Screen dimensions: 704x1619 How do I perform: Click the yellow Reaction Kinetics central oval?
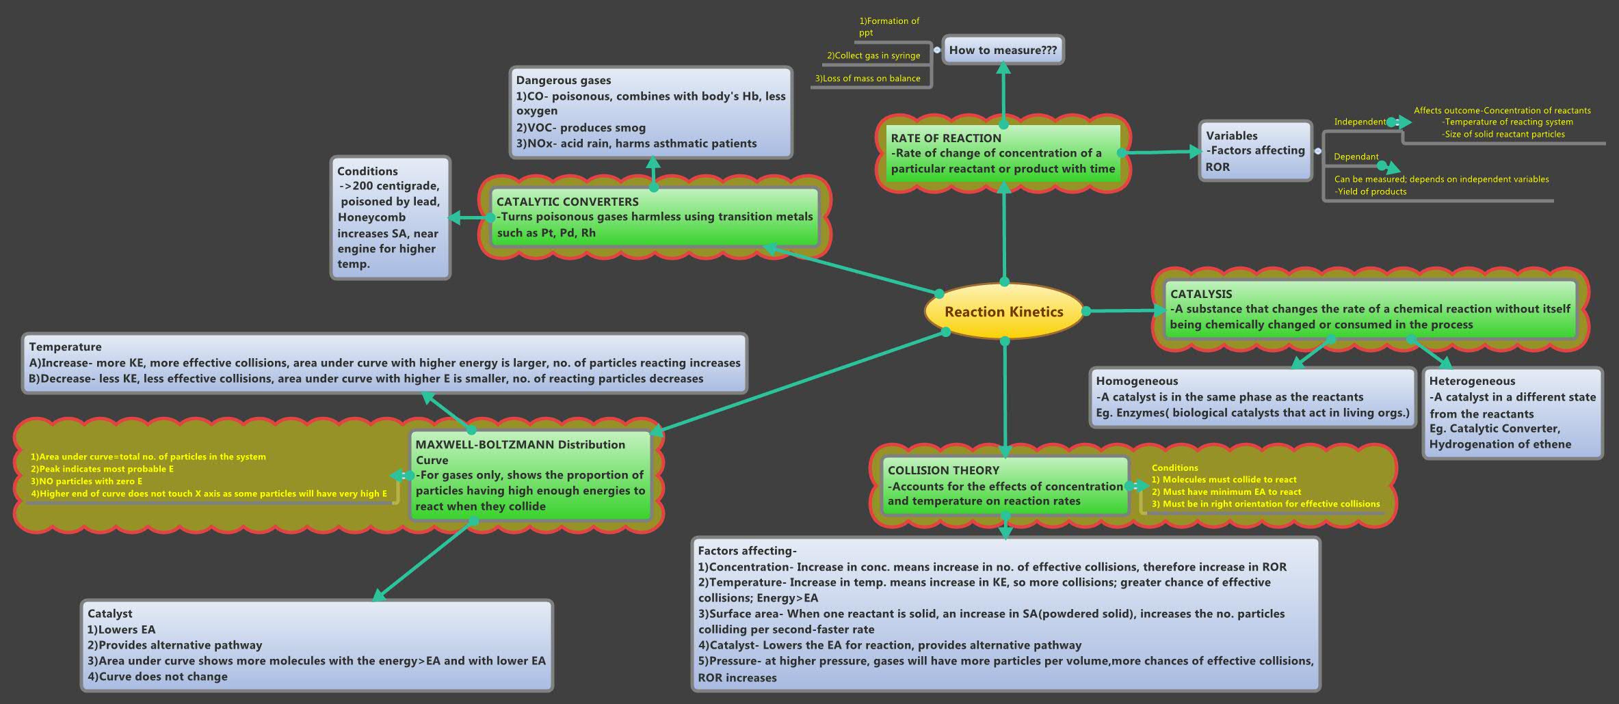(1003, 312)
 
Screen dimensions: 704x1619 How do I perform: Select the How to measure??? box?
(1003, 50)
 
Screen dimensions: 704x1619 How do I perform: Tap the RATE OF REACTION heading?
(946, 138)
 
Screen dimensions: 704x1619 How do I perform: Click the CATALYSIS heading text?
(1200, 294)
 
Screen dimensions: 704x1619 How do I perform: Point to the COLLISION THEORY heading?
(943, 470)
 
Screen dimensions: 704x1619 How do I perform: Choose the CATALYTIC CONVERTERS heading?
(567, 202)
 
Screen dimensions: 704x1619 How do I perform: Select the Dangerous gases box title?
(563, 81)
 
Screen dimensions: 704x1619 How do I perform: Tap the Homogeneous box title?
(1137, 381)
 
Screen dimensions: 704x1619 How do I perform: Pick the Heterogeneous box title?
(1472, 381)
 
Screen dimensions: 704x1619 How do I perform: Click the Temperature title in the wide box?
(65, 347)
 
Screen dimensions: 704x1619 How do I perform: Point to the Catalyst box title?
(109, 614)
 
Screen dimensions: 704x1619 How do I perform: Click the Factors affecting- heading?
(747, 551)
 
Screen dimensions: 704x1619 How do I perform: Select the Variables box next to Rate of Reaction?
(1255, 151)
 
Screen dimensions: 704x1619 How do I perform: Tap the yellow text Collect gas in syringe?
(873, 55)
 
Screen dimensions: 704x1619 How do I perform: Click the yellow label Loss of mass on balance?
(867, 79)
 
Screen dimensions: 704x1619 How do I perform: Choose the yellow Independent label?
(1359, 122)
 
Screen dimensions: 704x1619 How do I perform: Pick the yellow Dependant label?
(1356, 157)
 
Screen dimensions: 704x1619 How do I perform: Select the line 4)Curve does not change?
(157, 677)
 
